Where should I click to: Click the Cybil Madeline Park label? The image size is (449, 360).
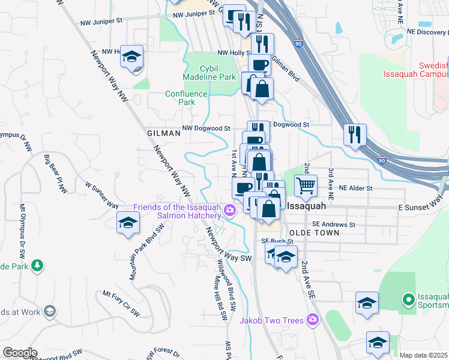(209, 73)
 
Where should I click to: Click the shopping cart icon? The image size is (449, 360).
(306, 186)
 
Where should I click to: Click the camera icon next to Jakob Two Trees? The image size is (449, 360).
(312, 320)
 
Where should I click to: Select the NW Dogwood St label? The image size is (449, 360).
(206, 128)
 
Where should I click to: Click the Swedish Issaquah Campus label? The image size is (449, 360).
(417, 70)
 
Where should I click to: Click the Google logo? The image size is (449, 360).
(19, 352)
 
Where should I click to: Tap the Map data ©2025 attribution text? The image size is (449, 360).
(424, 355)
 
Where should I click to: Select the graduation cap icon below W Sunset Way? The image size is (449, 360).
(128, 223)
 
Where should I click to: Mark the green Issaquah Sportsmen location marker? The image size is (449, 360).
(408, 298)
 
